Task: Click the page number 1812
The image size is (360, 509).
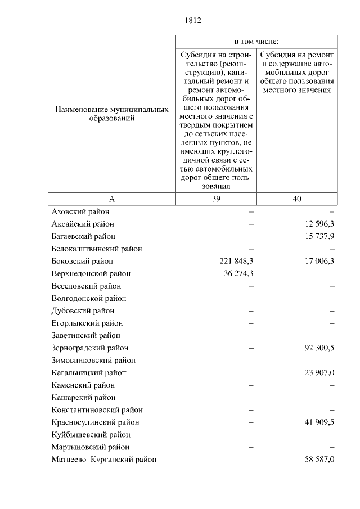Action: click(192, 21)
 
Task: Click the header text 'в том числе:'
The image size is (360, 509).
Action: click(256, 42)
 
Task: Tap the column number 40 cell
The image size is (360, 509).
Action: click(297, 199)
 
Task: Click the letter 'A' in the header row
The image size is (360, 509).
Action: click(111, 199)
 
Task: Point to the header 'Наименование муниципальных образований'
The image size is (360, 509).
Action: click(111, 114)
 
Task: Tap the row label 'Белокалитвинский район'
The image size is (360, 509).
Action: click(96, 249)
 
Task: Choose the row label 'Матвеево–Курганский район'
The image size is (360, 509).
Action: click(103, 460)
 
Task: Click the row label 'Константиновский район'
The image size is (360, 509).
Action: click(97, 410)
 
